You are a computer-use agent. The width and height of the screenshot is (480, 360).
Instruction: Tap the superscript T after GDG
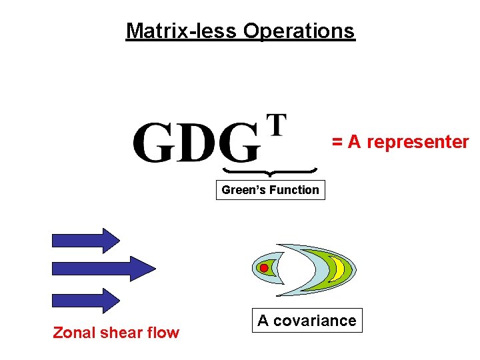click(277, 125)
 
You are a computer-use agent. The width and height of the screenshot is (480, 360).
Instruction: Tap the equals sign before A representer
click(337, 142)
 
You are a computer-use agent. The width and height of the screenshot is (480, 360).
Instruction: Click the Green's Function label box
click(270, 190)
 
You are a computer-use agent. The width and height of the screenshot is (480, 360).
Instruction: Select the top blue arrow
click(85, 239)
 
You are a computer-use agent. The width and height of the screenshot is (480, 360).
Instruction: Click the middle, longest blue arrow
click(103, 268)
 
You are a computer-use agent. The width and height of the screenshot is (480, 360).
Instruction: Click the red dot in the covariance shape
click(264, 268)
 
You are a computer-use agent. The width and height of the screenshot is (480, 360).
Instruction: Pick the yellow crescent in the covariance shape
click(339, 268)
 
